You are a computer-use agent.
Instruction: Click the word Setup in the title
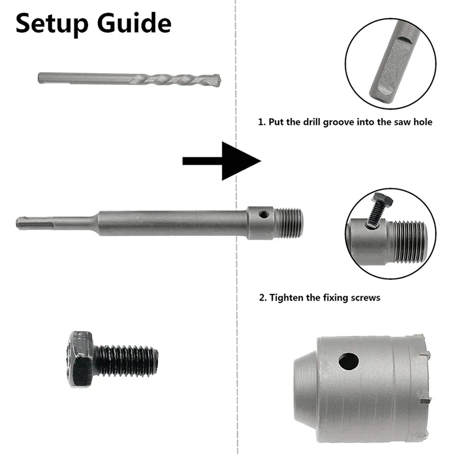(51, 24)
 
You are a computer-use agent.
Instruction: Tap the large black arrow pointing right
(221, 161)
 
